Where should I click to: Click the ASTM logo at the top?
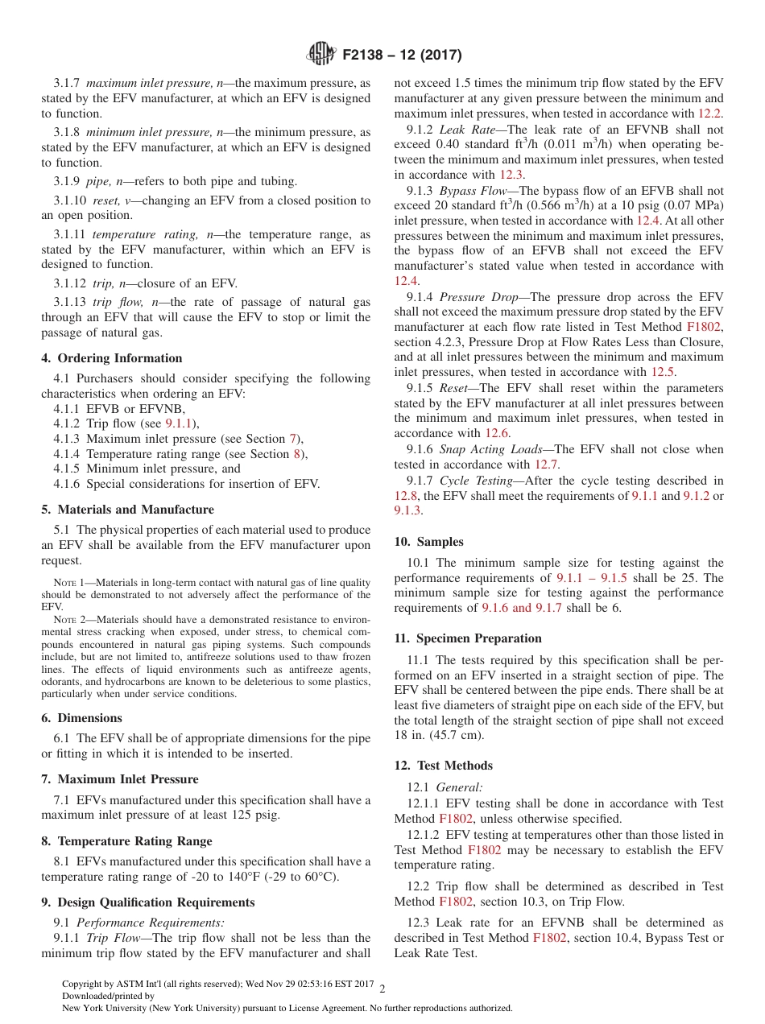tap(322, 54)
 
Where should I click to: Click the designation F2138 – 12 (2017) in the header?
tap(402, 55)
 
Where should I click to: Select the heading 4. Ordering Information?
tap(112, 358)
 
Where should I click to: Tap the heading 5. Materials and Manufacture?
tap(127, 510)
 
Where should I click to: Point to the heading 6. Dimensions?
tap(81, 718)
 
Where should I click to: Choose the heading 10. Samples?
tap(428, 542)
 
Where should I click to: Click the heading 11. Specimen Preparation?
tap(467, 638)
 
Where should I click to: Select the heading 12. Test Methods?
tap(443, 766)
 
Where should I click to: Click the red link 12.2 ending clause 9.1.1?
tap(709, 114)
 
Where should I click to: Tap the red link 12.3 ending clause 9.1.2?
tap(511, 174)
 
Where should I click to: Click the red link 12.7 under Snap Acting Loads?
tap(548, 465)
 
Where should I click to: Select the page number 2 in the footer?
tap(382, 989)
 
